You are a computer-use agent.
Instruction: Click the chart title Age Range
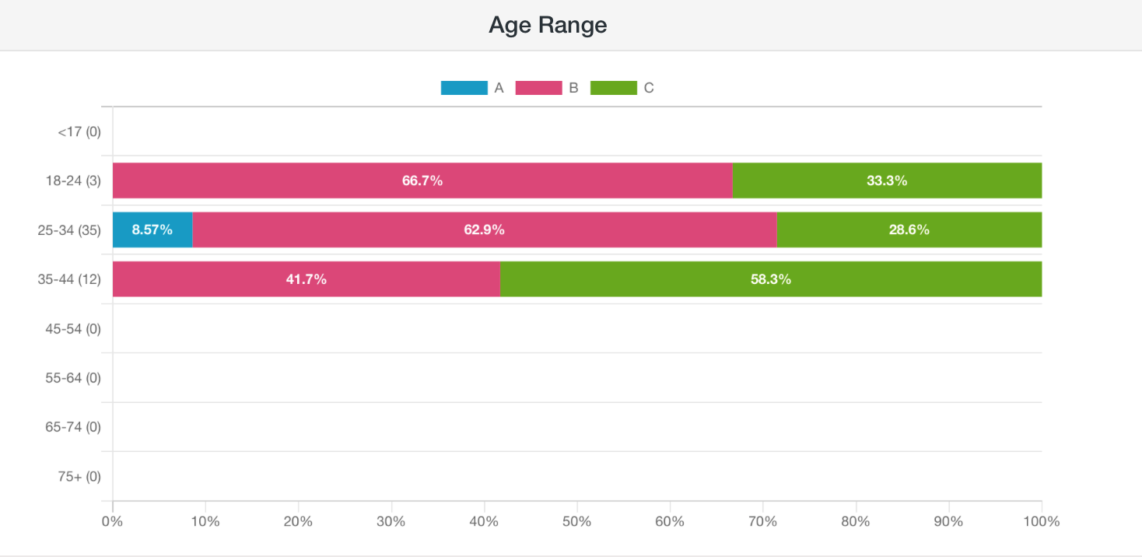tap(548, 25)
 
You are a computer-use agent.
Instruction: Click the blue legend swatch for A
tap(464, 88)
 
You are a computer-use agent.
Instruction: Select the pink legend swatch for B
tap(538, 88)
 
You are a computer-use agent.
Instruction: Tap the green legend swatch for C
tap(613, 88)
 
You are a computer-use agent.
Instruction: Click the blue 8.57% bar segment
tap(152, 229)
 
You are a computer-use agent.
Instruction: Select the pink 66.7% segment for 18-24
tap(422, 180)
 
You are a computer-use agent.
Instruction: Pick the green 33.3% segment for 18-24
tap(887, 180)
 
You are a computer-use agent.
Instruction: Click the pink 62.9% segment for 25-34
tap(485, 229)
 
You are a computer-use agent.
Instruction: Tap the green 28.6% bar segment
tap(909, 229)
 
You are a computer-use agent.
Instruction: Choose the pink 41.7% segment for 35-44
tap(307, 278)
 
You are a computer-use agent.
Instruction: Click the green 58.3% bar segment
tap(771, 278)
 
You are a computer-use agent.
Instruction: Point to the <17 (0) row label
tap(79, 132)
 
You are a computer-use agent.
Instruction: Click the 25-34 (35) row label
tap(69, 230)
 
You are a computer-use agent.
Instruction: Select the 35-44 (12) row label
tap(69, 279)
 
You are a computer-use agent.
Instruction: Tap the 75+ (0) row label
tap(79, 476)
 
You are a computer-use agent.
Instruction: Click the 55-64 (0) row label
tap(73, 378)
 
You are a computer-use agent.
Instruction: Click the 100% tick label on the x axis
tap(1041, 521)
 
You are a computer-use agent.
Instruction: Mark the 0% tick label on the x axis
tap(112, 521)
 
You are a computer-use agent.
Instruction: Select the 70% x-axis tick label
tap(762, 521)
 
